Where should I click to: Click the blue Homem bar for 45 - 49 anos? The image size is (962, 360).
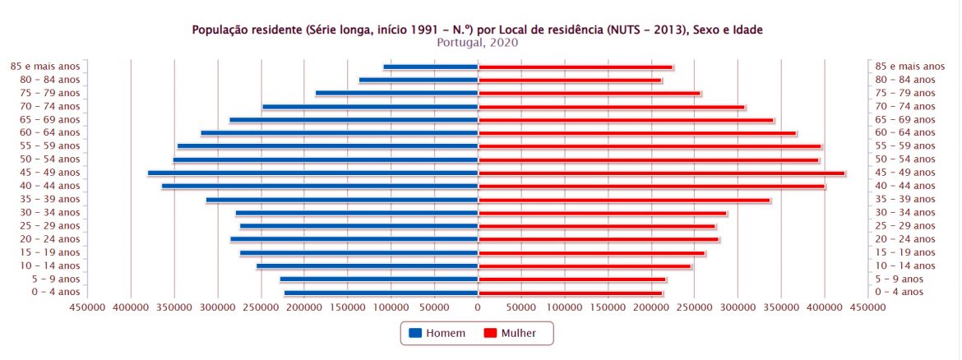coord(395,173)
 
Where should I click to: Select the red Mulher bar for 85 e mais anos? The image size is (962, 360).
coord(576,67)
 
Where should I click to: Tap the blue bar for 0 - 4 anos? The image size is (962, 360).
coord(381,293)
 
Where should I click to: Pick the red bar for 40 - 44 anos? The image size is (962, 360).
coord(651,186)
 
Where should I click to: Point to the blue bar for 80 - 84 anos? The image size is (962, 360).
coord(419,80)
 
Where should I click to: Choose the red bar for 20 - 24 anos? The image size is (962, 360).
coord(599,239)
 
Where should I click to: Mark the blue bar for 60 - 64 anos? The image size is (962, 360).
coord(339,133)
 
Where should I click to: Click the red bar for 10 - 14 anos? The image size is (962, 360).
coord(585,265)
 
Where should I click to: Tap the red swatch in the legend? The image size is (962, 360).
coord(490,333)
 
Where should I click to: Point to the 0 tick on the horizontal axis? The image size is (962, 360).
coord(478,307)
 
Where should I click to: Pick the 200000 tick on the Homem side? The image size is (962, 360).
coord(304,307)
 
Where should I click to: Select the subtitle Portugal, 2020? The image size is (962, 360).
coord(478,43)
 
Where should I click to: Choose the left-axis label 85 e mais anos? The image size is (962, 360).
coord(45,67)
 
